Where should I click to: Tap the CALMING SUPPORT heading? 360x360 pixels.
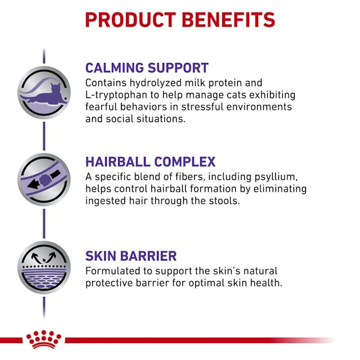(x=147, y=68)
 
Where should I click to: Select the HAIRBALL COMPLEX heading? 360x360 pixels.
(x=150, y=162)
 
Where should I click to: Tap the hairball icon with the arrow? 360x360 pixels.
(x=44, y=179)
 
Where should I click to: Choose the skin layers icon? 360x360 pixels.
(x=44, y=268)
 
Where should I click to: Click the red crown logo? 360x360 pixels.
(x=44, y=339)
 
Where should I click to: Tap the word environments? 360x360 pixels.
(x=262, y=107)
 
